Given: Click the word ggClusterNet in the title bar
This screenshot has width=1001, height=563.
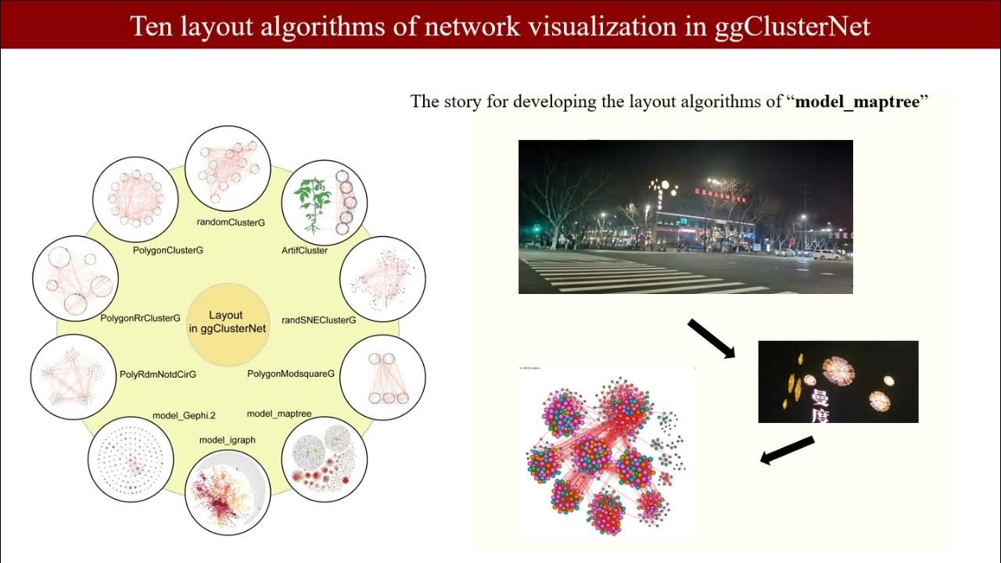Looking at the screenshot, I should (792, 26).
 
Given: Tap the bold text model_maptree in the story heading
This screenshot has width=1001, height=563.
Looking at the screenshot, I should (856, 102).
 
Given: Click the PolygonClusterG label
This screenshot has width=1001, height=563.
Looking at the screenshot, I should (168, 250).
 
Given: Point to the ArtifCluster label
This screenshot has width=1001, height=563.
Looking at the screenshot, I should (304, 250).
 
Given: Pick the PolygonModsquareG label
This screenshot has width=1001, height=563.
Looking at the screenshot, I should (291, 374).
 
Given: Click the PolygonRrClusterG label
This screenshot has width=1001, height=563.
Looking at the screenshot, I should (140, 318).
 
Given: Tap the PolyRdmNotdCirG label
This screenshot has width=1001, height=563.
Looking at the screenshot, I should (158, 375).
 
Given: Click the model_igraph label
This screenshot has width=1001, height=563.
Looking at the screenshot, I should (227, 440).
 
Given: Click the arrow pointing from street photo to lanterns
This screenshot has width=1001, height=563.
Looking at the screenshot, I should (711, 338).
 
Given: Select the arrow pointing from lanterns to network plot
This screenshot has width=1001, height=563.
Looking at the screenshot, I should (788, 451).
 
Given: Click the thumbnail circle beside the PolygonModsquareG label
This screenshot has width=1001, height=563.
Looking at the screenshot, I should (382, 378).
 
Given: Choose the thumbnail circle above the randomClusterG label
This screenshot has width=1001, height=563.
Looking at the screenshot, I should (228, 168).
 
